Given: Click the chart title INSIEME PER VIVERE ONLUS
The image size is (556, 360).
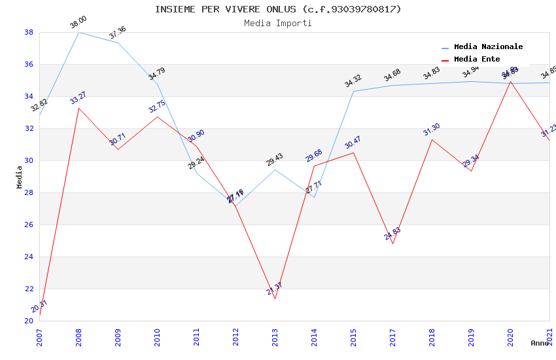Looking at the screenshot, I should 278,9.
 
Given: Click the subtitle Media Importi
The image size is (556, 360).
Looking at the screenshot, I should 278,23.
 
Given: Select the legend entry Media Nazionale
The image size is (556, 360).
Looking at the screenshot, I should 488,47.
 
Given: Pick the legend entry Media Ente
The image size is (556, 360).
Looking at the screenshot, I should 477,60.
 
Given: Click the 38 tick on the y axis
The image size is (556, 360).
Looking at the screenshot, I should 29,32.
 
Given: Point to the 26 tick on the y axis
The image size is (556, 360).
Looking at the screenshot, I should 29,225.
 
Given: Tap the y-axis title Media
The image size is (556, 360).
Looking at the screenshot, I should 20,177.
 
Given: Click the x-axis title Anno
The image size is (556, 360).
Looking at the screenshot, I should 540,343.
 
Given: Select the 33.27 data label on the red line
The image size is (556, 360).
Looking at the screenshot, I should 78,98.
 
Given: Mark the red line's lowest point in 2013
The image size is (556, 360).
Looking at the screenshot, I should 275,299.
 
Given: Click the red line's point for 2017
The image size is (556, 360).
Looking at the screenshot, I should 392,243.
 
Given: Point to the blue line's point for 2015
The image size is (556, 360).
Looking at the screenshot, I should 353,91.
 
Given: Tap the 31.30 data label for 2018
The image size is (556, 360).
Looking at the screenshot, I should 432,130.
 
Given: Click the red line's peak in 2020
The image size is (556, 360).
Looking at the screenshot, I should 510,82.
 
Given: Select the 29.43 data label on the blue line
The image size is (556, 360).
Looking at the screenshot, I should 275,160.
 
